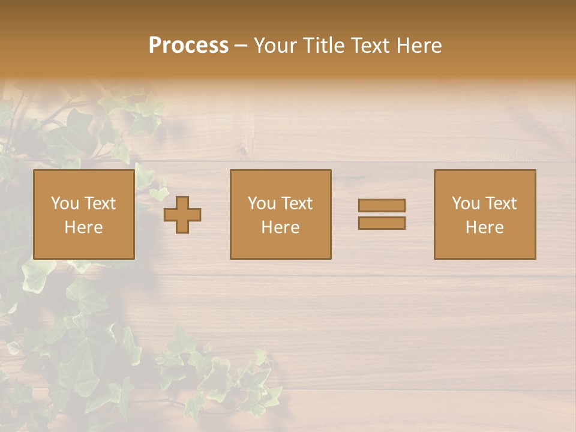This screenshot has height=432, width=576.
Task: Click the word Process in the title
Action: (188, 46)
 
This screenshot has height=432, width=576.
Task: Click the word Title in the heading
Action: (325, 46)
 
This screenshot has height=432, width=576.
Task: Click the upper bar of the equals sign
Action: (382, 205)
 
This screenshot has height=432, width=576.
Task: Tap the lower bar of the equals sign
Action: (382, 223)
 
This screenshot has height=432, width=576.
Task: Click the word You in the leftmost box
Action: (65, 203)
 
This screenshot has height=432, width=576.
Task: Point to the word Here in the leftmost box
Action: (83, 227)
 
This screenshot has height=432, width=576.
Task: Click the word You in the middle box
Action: (262, 203)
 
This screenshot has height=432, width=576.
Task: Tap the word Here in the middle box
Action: (280, 227)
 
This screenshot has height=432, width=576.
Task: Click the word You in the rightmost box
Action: (466, 203)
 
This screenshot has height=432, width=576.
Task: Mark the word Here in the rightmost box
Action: (484, 227)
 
